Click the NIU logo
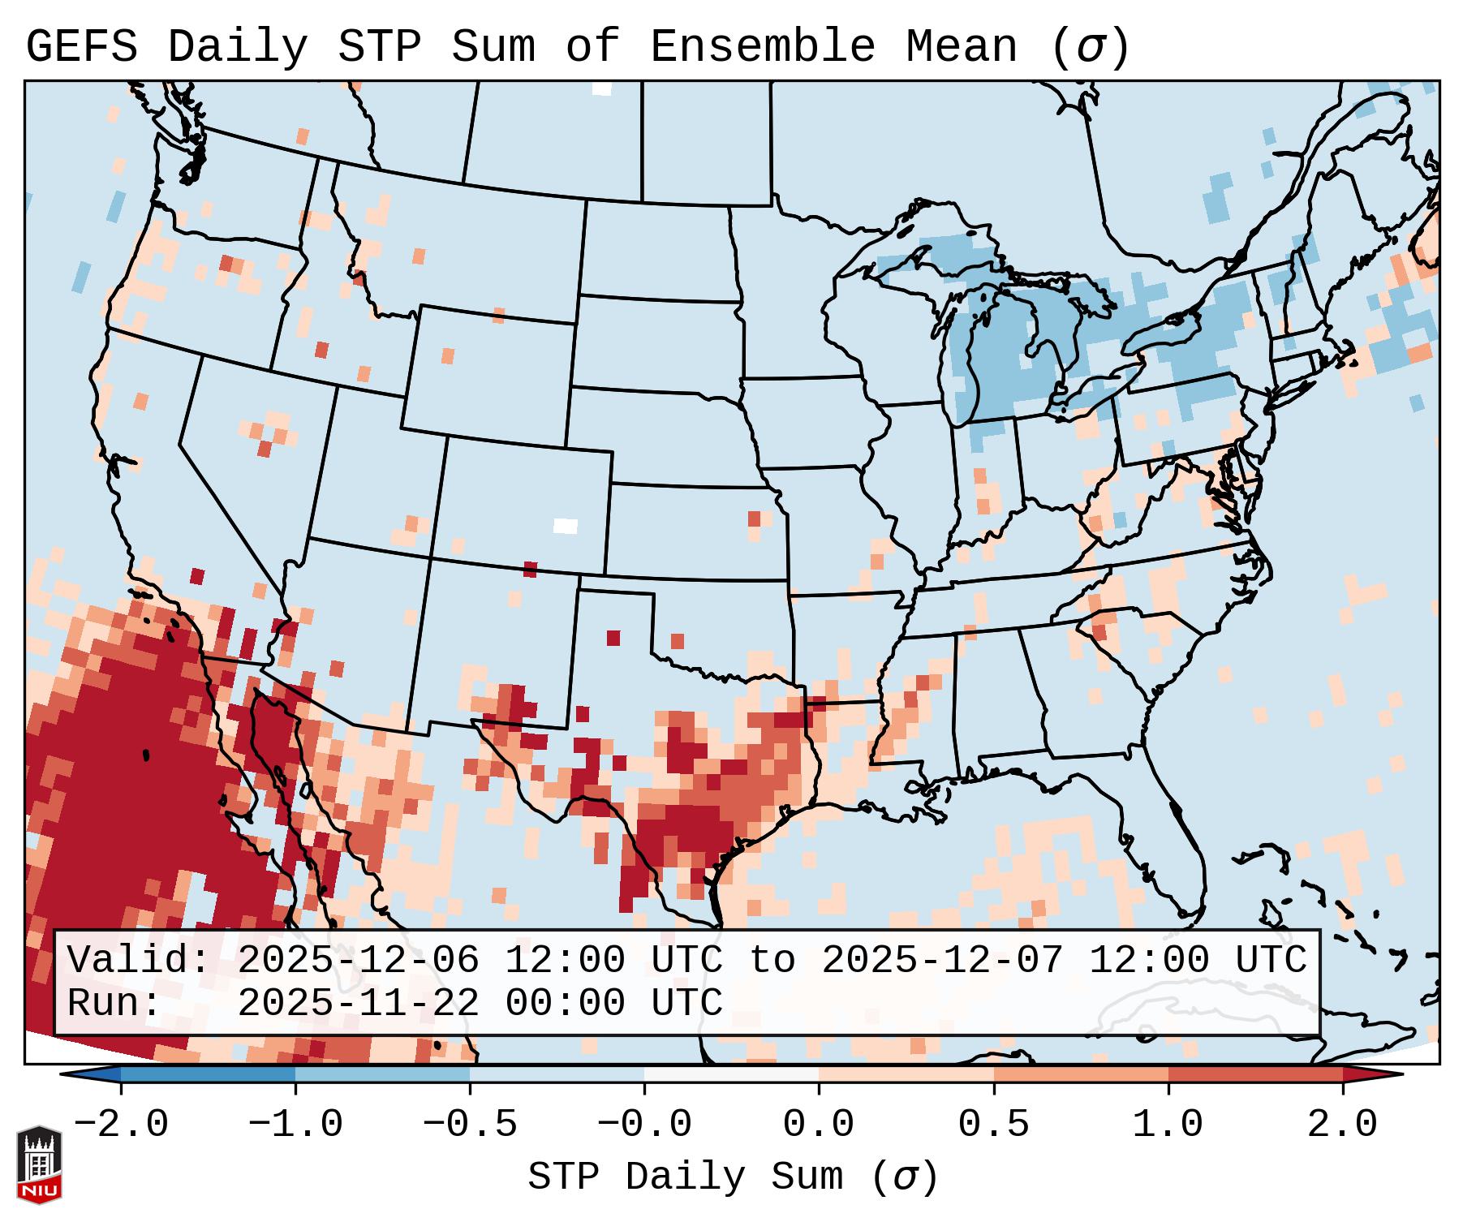point(39,1164)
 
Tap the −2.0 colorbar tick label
point(121,1125)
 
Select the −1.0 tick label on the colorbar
point(295,1125)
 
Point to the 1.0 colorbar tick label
point(1168,1125)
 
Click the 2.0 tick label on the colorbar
point(1342,1125)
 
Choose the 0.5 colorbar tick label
point(993,1125)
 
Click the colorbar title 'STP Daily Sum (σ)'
point(733,1177)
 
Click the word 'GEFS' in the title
point(81,47)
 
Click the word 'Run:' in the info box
point(114,1004)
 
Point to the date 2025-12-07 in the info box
point(942,961)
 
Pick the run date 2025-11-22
point(358,1004)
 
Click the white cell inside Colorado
point(565,526)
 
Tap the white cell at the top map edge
point(601,88)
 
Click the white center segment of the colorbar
point(731,1075)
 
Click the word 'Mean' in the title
point(961,47)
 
